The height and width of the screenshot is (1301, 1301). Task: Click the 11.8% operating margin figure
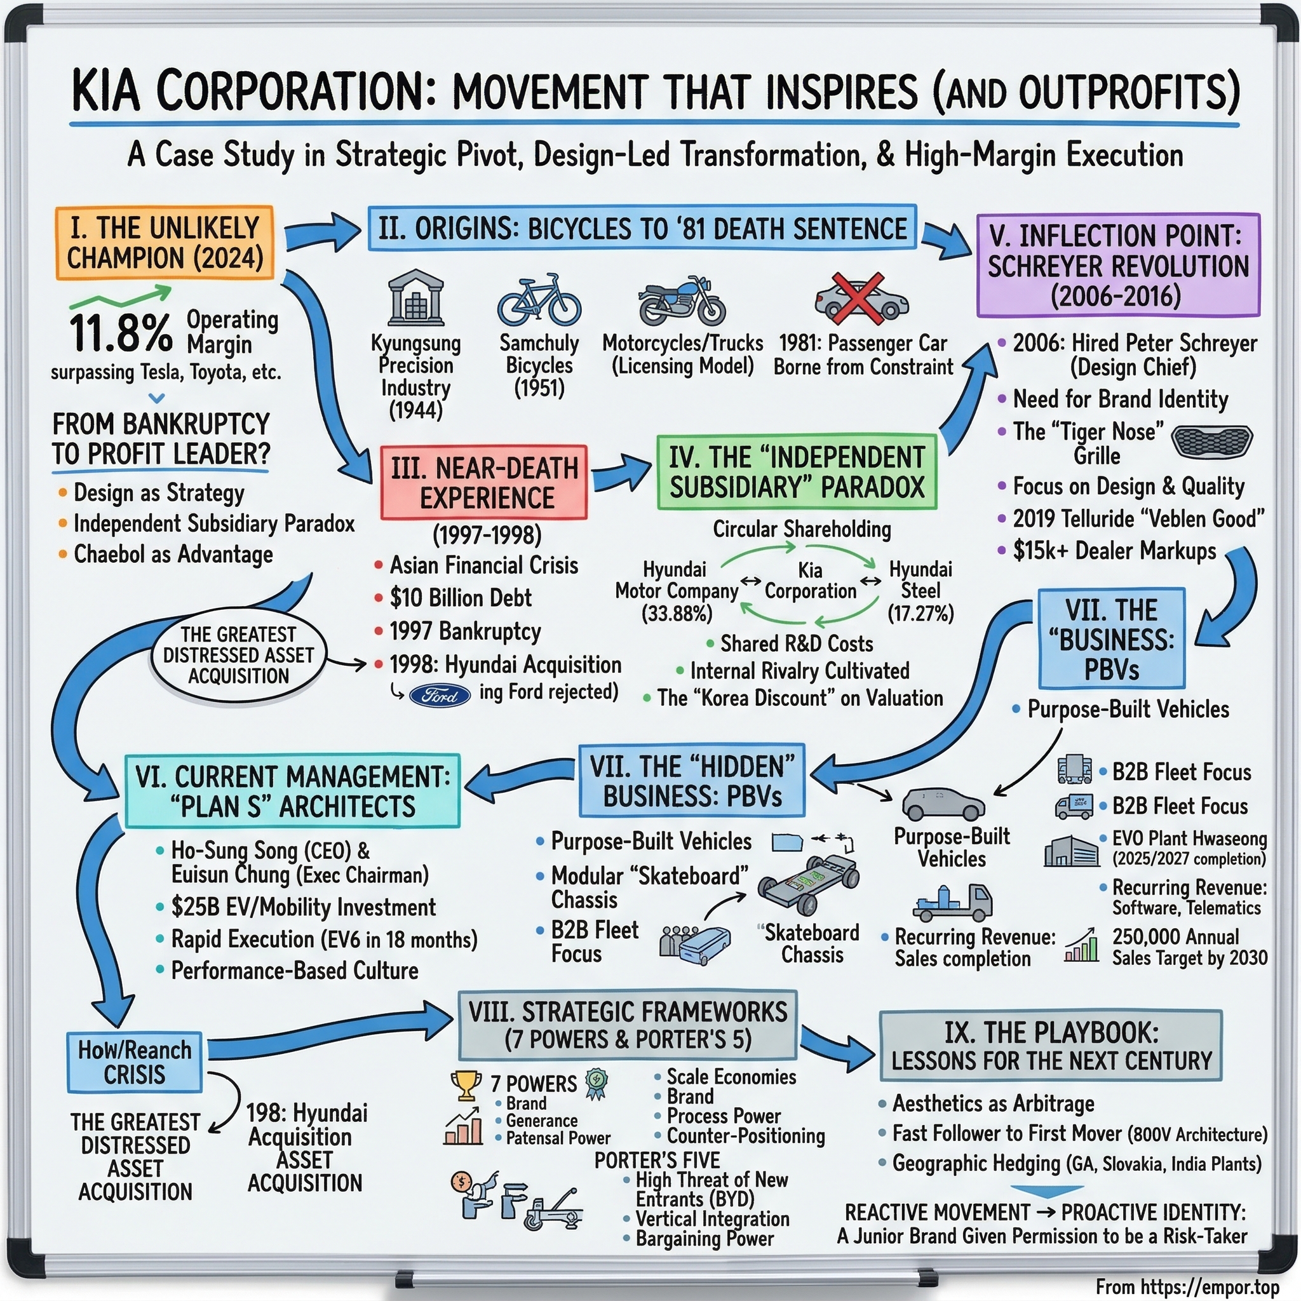pos(121,332)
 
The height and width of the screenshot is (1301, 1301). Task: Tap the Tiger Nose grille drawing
pos(1211,441)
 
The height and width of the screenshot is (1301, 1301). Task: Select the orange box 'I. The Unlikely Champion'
pos(165,243)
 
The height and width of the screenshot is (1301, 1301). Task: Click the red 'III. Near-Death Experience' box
pos(483,482)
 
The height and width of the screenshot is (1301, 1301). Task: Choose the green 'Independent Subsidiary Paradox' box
pos(797,472)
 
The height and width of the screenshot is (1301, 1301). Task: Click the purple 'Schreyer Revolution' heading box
pos(1118,266)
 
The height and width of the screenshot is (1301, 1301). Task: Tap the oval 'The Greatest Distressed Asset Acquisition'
pos(238,655)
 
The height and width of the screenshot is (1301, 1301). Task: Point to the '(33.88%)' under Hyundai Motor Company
pos(676,614)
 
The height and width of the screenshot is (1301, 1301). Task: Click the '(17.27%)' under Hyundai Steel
pos(920,614)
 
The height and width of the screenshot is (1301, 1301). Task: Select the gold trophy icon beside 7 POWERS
pos(465,1084)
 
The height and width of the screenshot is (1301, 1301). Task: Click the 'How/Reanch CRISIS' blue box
pos(135,1062)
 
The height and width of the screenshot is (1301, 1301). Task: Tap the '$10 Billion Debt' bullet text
pos(461,597)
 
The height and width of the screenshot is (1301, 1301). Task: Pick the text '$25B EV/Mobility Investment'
pos(303,907)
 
